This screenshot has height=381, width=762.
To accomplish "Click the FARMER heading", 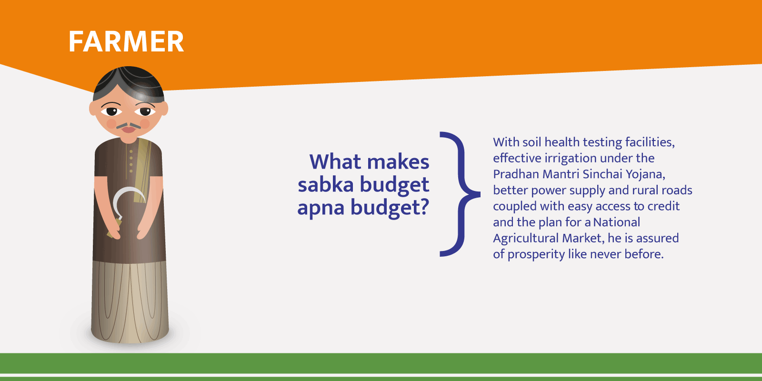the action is point(126,41).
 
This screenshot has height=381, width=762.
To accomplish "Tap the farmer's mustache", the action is point(129,126).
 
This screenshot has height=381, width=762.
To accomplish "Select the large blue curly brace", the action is point(459,194).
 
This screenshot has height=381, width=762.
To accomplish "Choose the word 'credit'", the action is point(663,206).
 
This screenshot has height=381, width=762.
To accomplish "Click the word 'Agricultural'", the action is point(526,239).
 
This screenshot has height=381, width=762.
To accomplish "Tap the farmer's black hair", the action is point(129,81).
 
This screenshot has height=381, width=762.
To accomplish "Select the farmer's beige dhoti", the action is point(130,301).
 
